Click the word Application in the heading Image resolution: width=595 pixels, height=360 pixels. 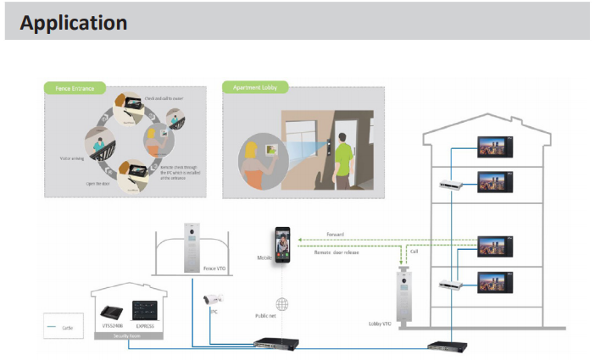click(x=74, y=22)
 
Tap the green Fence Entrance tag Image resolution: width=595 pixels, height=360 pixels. click(x=75, y=87)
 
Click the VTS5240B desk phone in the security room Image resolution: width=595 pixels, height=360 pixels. click(x=112, y=311)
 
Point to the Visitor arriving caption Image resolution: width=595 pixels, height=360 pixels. click(x=71, y=158)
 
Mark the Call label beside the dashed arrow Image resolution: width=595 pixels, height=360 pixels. click(x=414, y=251)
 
